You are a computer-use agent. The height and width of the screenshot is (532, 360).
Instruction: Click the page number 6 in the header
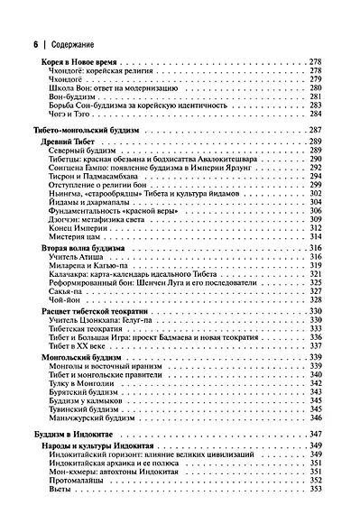pyautogui.click(x=34, y=41)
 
